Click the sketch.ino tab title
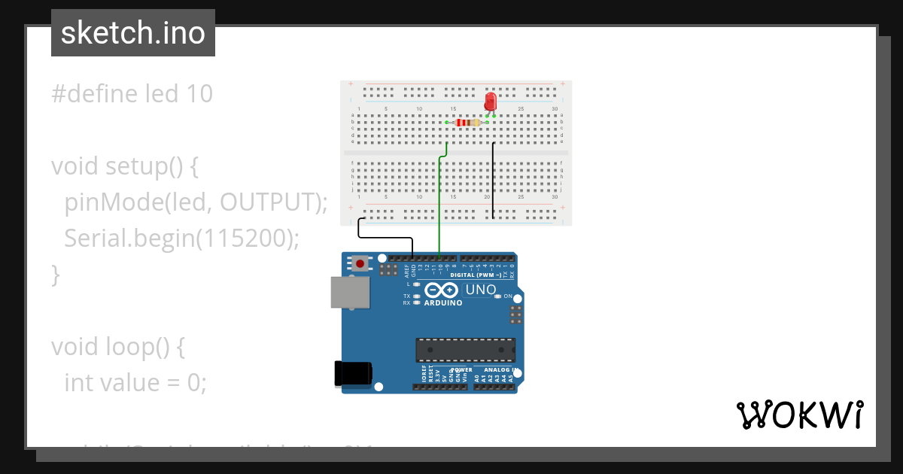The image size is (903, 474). [132, 33]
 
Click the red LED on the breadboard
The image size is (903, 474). [491, 101]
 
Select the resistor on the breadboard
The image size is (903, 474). [468, 122]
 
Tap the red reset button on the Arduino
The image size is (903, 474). [361, 263]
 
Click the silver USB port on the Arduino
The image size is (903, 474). [350, 292]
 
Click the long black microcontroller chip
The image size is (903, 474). [466, 350]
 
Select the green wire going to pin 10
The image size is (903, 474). [439, 203]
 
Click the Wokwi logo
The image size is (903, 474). [800, 415]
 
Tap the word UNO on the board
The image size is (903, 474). [481, 290]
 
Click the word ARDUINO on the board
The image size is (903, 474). [443, 302]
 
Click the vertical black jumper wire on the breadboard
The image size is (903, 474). [493, 181]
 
